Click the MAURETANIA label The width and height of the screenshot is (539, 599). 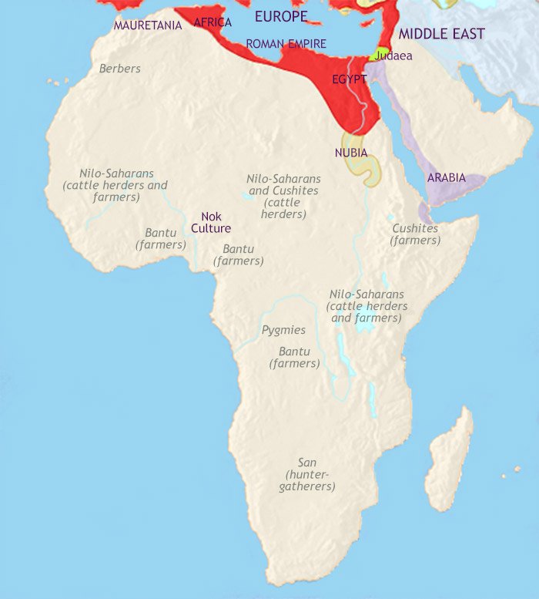(x=148, y=25)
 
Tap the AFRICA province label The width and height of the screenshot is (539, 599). (x=213, y=22)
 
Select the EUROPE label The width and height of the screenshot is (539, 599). (x=281, y=16)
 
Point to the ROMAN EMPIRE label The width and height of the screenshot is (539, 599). (x=286, y=44)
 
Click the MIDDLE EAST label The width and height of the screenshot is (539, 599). (x=442, y=34)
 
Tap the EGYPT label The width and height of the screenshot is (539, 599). (x=350, y=79)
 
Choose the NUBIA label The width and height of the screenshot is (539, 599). (x=351, y=153)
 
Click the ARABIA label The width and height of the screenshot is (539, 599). (x=447, y=177)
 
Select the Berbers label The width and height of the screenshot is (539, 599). (x=120, y=69)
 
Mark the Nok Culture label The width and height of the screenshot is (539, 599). (x=215, y=222)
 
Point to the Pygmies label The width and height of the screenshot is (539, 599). (x=283, y=330)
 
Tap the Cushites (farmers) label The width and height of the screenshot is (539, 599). (x=415, y=234)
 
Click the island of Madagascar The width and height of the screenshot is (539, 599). (x=450, y=463)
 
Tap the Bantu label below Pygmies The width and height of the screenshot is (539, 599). (x=293, y=357)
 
